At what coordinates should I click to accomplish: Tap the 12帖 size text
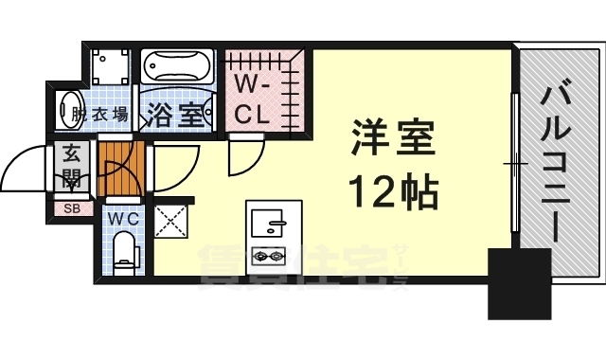(396, 192)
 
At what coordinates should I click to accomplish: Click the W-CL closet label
(255, 101)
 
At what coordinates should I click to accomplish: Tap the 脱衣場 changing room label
(100, 116)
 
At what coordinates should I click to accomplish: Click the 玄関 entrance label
(72, 167)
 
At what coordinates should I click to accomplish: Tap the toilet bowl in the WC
(124, 253)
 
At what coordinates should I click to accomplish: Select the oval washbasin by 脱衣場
(69, 106)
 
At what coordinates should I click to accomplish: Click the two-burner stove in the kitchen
(268, 254)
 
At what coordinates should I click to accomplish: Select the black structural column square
(519, 282)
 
